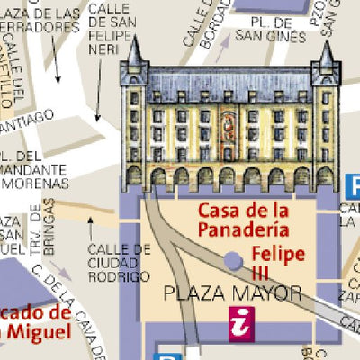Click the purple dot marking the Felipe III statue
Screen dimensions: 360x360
(233, 260)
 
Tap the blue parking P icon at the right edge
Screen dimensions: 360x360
(351, 187)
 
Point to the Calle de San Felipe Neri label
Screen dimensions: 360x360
(112, 27)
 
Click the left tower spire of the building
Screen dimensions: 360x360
(135, 54)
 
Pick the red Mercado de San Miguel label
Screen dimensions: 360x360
(34, 323)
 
